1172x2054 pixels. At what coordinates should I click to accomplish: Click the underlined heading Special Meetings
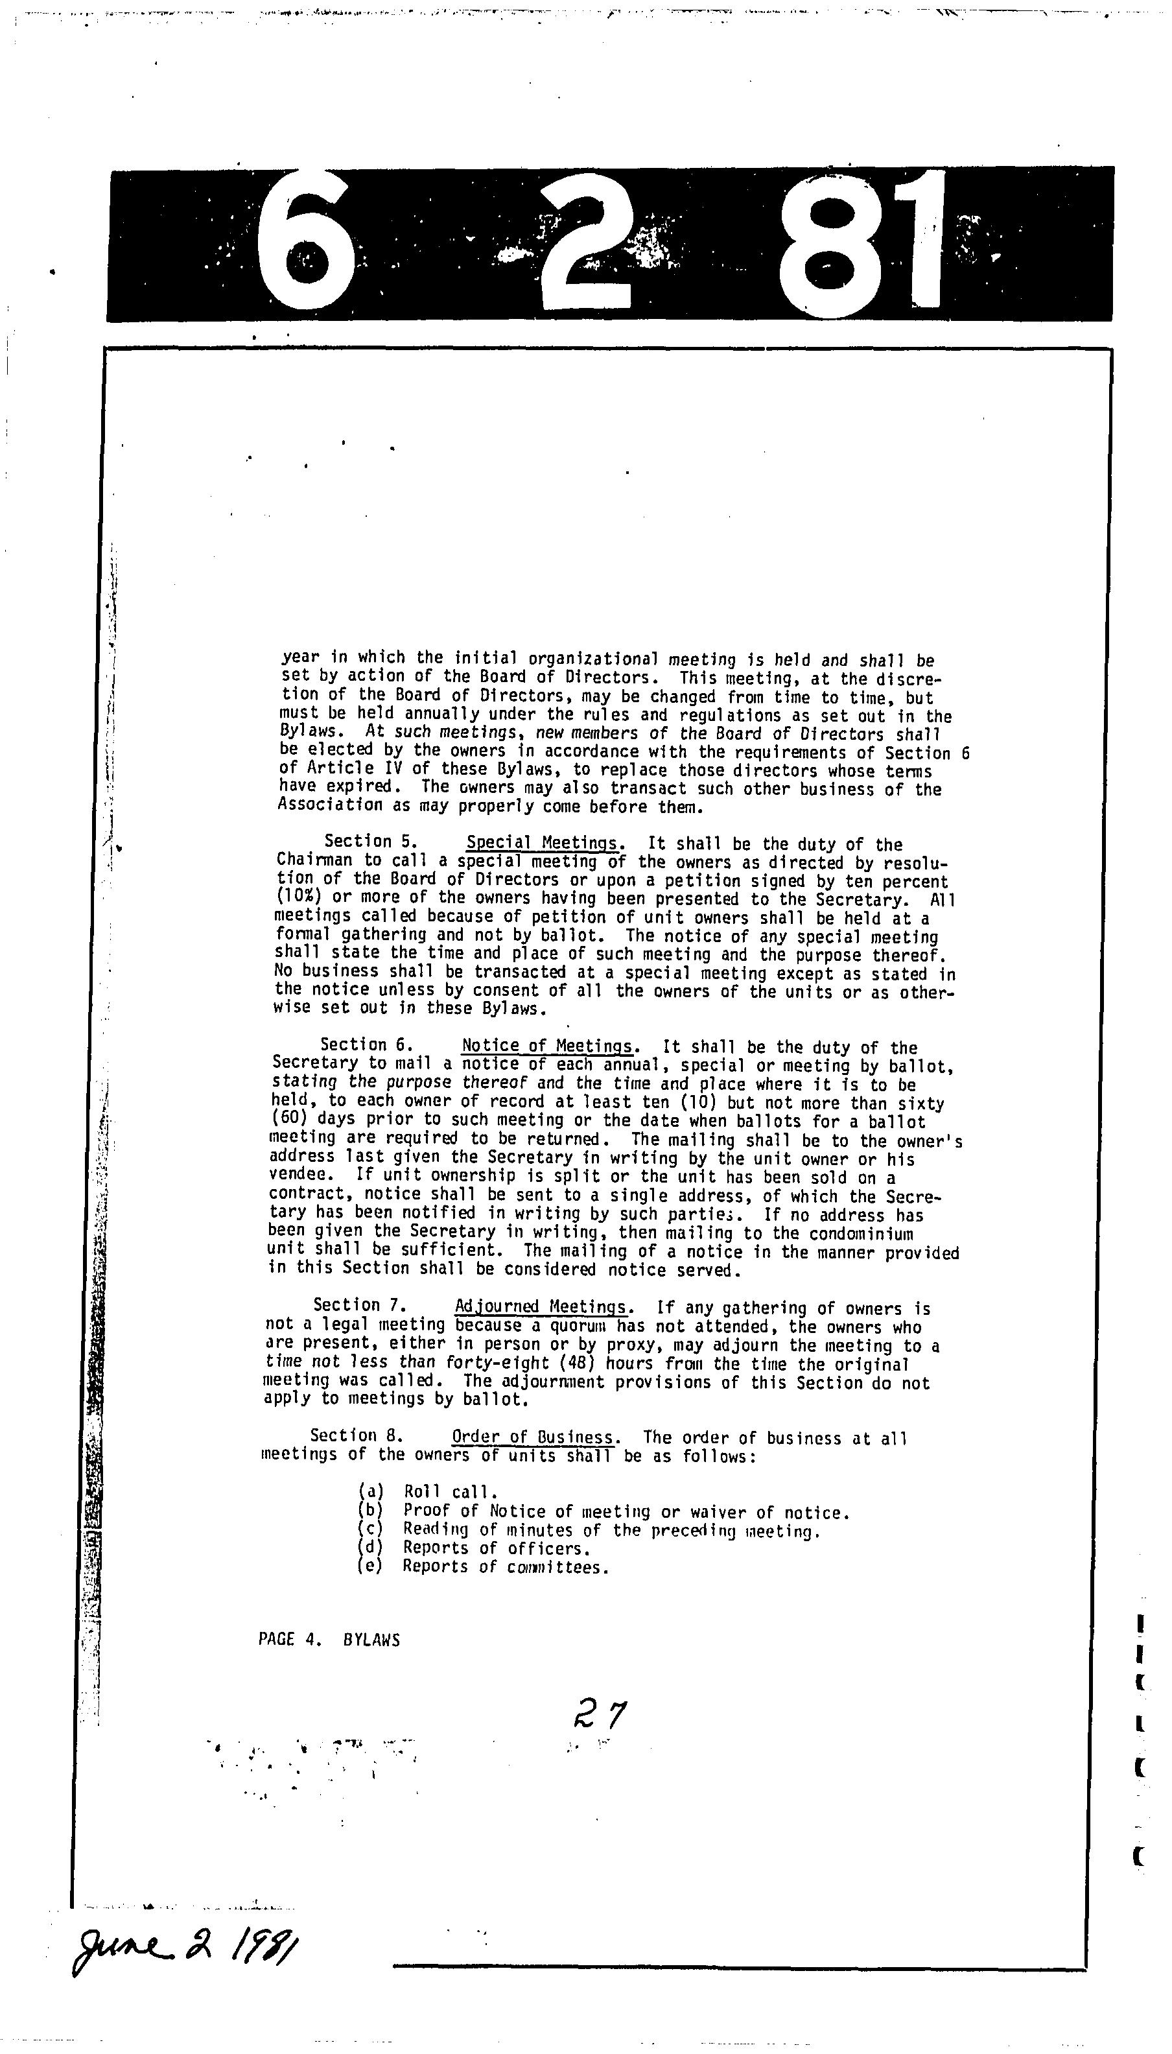tap(544, 844)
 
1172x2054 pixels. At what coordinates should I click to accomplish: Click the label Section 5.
tap(370, 842)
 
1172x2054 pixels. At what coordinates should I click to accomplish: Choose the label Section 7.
tap(359, 1304)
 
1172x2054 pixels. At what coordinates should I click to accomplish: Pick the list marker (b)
tap(370, 1511)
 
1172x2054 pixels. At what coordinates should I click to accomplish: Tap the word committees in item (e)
tap(557, 1566)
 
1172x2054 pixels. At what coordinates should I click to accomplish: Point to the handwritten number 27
tap(599, 1714)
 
